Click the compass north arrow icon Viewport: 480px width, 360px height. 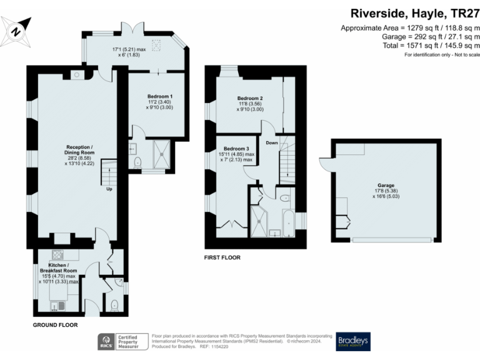coord(17,29)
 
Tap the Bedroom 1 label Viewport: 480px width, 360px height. coord(159,96)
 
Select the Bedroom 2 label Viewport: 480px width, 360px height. coord(249,99)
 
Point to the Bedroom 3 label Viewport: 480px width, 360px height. coord(236,149)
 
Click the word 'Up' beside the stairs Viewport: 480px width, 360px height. coord(109,189)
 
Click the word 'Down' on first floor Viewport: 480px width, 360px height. coord(272,142)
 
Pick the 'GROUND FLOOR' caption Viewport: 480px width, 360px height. coord(54,326)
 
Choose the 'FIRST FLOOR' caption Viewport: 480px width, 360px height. coord(222,257)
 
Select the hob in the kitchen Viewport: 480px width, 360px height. coord(59,254)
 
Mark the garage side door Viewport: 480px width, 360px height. coord(325,164)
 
